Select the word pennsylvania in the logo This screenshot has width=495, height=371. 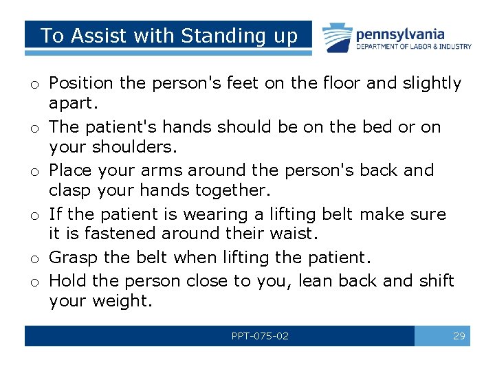(400, 34)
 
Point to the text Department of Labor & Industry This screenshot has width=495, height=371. (413, 47)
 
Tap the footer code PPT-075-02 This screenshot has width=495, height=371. (260, 336)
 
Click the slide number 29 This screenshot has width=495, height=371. (459, 336)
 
